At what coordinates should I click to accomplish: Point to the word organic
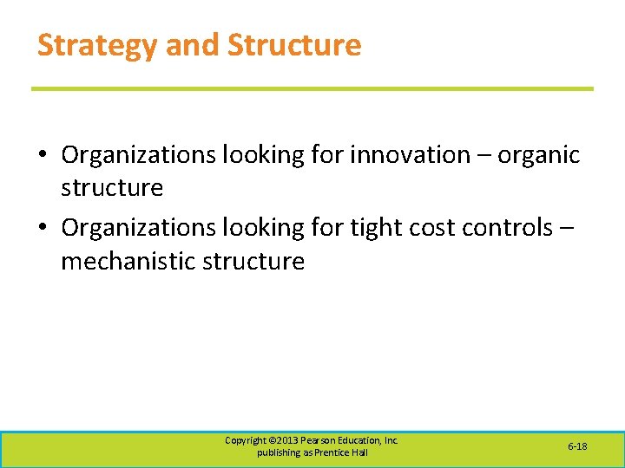click(x=538, y=155)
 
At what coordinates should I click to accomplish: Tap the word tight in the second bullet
click(x=378, y=228)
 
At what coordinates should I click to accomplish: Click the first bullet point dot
click(x=42, y=156)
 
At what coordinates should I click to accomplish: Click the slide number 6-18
click(x=577, y=446)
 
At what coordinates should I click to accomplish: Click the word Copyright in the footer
click(x=247, y=440)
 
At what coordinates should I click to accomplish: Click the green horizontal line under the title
click(x=312, y=88)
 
